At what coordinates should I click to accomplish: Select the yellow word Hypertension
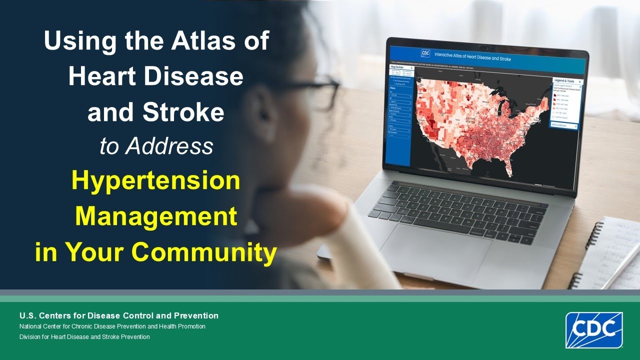click(155, 180)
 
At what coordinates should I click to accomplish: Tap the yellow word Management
click(155, 216)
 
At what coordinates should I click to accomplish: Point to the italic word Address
click(170, 146)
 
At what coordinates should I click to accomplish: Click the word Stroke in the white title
click(183, 112)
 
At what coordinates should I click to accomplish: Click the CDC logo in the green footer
click(594, 330)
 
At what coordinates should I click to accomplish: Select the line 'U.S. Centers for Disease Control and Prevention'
click(119, 315)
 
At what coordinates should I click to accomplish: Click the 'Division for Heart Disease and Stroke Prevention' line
click(84, 336)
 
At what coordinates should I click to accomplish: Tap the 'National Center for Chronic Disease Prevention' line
click(112, 326)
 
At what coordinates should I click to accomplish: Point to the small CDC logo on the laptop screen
click(425, 53)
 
